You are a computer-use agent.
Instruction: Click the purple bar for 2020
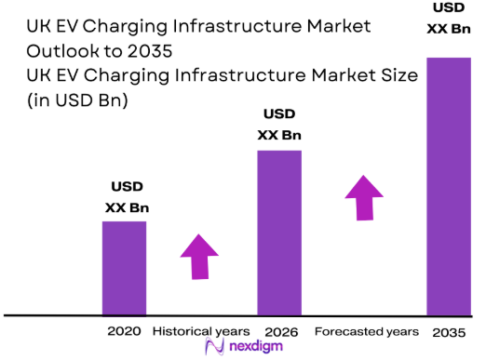pos(124,268)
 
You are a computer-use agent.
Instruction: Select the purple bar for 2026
pos(279,233)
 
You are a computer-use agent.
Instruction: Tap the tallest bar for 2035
pos(448,186)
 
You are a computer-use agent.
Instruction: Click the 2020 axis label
pos(123,331)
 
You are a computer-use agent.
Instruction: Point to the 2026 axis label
pos(280,331)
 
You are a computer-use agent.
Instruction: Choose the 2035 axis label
pos(448,331)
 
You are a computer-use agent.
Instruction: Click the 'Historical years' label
pos(200,331)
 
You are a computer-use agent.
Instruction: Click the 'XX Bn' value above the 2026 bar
pos(279,135)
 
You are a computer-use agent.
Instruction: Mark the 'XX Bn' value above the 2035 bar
pos(448,31)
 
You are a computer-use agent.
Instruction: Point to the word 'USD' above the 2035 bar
pos(448,9)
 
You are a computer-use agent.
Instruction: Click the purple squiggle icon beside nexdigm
pos(212,349)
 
